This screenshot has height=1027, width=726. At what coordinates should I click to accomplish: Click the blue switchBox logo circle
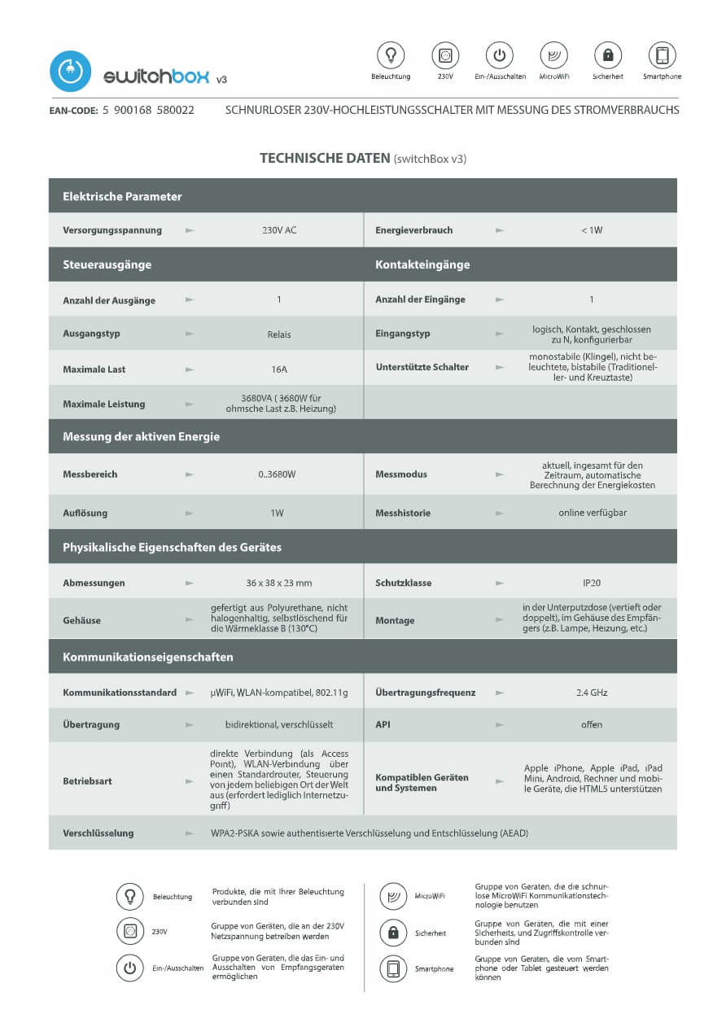click(70, 71)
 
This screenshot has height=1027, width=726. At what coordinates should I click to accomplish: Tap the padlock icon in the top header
click(607, 55)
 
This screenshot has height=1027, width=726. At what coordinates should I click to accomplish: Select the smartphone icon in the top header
click(662, 55)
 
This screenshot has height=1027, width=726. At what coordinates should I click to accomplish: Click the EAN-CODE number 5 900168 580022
click(148, 110)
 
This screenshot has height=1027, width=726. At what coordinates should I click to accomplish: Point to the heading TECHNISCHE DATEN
click(325, 158)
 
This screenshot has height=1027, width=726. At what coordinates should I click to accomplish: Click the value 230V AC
click(279, 230)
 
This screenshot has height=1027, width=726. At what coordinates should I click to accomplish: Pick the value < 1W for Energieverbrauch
click(592, 230)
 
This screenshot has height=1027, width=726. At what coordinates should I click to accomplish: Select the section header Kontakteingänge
click(422, 264)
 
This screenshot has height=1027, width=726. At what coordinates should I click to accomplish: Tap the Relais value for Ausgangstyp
click(279, 334)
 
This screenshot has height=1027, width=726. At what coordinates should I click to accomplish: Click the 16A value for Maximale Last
click(279, 369)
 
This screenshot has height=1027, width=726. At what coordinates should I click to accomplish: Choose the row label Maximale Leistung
click(103, 404)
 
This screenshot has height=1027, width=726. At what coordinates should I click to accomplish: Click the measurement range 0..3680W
click(279, 474)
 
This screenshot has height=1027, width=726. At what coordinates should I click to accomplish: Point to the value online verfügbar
click(592, 513)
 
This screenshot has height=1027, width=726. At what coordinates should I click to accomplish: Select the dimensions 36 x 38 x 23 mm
click(279, 583)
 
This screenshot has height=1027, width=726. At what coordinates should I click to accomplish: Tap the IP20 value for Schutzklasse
click(592, 583)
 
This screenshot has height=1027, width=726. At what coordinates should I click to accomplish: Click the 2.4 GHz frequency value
click(592, 693)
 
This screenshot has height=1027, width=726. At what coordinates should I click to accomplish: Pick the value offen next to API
click(592, 724)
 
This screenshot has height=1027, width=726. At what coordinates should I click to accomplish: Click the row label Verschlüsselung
click(98, 833)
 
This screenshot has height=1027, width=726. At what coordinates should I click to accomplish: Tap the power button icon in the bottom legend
click(129, 968)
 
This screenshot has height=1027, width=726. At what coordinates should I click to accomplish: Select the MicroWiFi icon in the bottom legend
click(393, 896)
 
